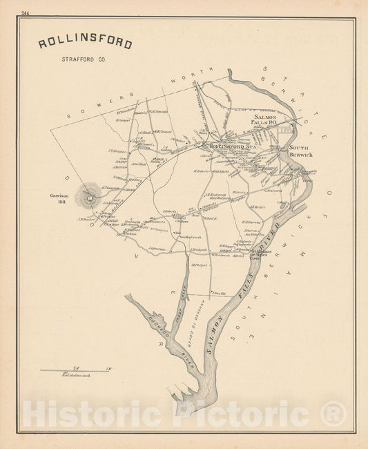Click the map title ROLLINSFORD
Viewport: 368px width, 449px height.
[85, 44]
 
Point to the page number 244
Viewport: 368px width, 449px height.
[26, 13]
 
